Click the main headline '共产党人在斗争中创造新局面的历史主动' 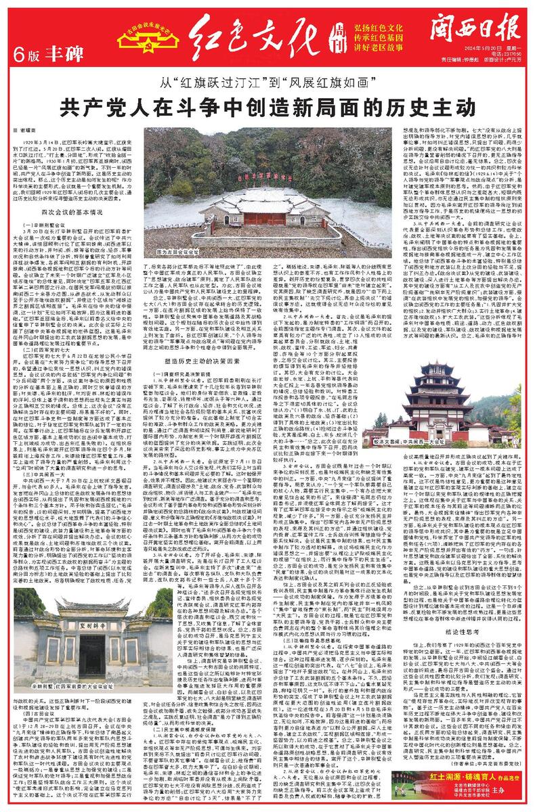click(267, 108)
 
